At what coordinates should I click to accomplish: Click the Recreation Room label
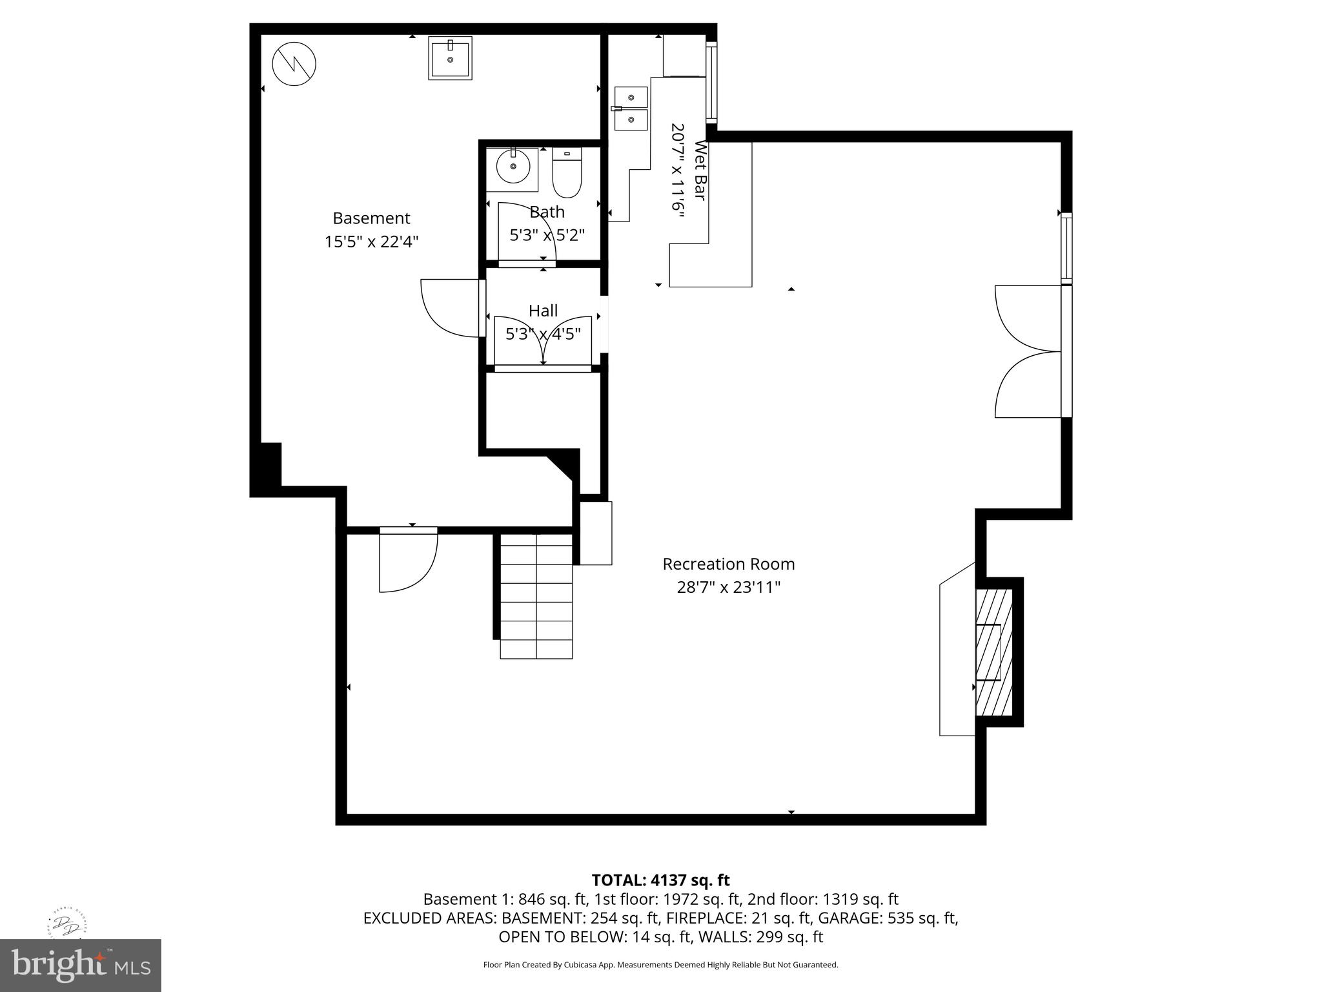pos(728,564)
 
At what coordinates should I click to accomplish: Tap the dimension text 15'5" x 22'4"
pos(371,242)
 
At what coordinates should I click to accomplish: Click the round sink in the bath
pos(513,167)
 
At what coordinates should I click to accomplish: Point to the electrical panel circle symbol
pos(294,64)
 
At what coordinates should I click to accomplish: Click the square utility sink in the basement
pos(450,58)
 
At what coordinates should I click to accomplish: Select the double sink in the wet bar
pos(631,108)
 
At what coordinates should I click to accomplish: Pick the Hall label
pos(543,311)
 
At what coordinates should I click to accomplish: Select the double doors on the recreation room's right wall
pos(1029,352)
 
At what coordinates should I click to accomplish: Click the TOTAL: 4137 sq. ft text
pos(660,880)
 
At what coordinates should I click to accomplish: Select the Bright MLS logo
pos(81,965)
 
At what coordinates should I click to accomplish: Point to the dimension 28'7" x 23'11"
pos(728,587)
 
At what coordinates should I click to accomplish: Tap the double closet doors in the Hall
pos(543,340)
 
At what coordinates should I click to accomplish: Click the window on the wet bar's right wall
pos(711,83)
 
